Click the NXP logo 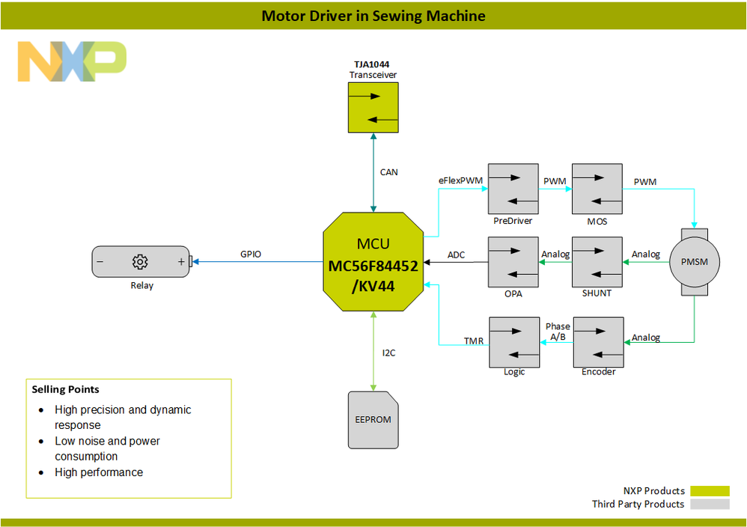pyautogui.click(x=72, y=61)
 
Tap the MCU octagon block pyautogui.click(x=373, y=261)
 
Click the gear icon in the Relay pyautogui.click(x=139, y=262)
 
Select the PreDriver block pyautogui.click(x=513, y=189)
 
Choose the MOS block pyautogui.click(x=597, y=189)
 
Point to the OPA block pyautogui.click(x=513, y=262)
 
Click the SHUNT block pyautogui.click(x=597, y=262)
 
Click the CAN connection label pyautogui.click(x=389, y=172)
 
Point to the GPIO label pyautogui.click(x=251, y=255)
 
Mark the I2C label pyautogui.click(x=388, y=353)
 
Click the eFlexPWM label pyautogui.click(x=459, y=180)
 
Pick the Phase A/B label pyautogui.click(x=558, y=332)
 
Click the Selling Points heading pyautogui.click(x=65, y=389)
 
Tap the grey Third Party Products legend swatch pyautogui.click(x=710, y=505)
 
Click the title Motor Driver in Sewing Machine pyautogui.click(x=373, y=16)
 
